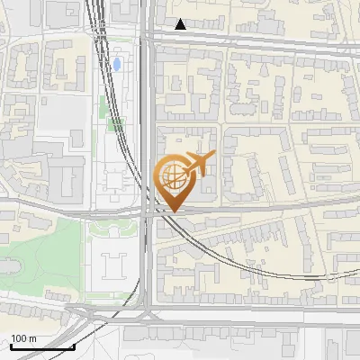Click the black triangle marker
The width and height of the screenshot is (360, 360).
pyautogui.click(x=181, y=24)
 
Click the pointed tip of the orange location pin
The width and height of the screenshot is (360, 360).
pyautogui.click(x=173, y=211)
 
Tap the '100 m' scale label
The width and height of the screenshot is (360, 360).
pyautogui.click(x=24, y=338)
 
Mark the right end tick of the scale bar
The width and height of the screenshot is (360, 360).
pyautogui.click(x=74, y=344)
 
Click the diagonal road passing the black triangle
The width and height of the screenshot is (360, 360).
pyautogui.click(x=252, y=40)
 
